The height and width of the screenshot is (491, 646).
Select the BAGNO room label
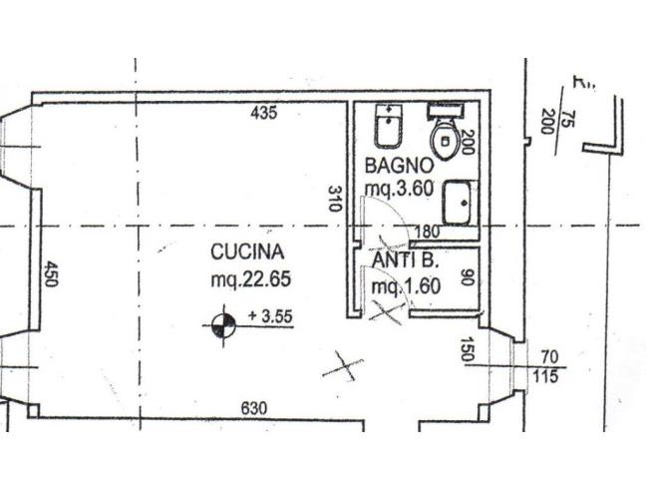(x=399, y=165)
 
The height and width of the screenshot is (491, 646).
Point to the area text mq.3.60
(x=399, y=186)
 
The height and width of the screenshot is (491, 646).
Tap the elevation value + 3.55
(x=268, y=317)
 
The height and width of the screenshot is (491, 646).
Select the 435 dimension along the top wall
(x=263, y=114)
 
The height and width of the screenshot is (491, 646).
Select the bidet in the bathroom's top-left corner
(x=385, y=127)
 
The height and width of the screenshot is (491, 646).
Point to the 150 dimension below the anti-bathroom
(x=467, y=351)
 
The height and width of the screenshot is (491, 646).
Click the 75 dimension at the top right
(x=566, y=121)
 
